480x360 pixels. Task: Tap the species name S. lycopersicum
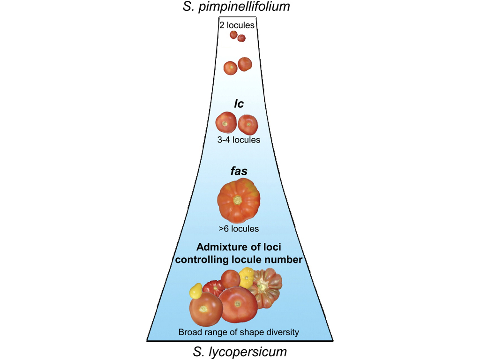click(240, 351)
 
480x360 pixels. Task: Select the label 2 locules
click(237, 25)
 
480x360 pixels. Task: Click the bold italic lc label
click(239, 104)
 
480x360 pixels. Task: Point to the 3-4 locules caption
click(239, 140)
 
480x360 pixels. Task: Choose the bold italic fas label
click(239, 171)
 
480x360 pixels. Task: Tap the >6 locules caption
click(239, 229)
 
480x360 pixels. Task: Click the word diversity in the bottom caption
click(282, 332)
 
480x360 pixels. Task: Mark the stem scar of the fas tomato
click(238, 200)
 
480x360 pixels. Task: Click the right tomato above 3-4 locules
click(248, 124)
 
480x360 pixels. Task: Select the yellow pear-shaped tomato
click(195, 291)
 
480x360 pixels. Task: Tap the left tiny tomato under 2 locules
click(233, 35)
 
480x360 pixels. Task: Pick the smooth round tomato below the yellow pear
click(206, 311)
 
